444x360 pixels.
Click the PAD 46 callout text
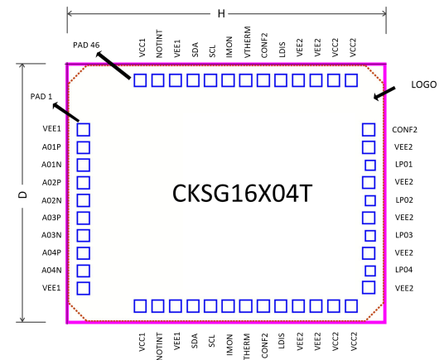[86, 45]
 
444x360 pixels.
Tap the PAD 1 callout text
[41, 97]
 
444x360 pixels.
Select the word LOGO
[423, 84]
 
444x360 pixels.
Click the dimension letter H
[221, 13]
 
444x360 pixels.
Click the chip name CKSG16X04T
[242, 194]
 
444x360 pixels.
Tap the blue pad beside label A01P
[83, 147]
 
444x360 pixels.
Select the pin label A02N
[51, 200]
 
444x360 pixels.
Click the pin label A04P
[51, 252]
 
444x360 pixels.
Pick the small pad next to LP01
[370, 166]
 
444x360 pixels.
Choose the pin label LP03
[403, 235]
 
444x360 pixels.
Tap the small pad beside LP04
[370, 271]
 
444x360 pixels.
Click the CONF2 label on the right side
[404, 130]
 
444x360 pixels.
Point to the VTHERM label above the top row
[247, 42]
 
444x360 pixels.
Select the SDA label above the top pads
[195, 50]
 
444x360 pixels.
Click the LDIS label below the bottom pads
[282, 341]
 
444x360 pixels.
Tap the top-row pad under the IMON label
[228, 80]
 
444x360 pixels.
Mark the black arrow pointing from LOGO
[384, 94]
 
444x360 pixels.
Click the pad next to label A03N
[83, 236]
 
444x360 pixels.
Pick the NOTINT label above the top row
[159, 44]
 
